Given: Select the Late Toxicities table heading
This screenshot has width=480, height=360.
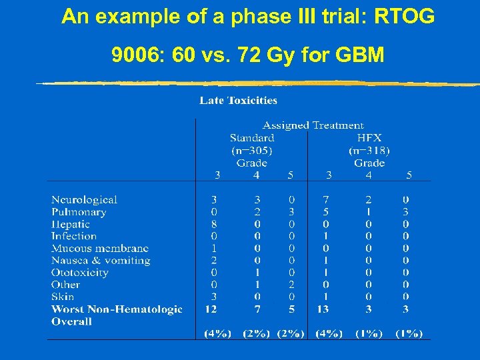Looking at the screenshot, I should click(x=238, y=101).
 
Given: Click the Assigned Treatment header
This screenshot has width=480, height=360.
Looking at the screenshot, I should click(x=313, y=125).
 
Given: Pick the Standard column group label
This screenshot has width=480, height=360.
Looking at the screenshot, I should click(x=251, y=138).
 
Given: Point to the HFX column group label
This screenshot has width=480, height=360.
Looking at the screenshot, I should click(x=369, y=138).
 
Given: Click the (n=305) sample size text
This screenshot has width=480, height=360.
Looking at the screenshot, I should click(x=251, y=151).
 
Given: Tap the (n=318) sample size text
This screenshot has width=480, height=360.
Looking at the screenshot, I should click(x=369, y=151).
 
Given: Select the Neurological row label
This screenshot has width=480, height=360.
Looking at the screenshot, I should click(x=84, y=199).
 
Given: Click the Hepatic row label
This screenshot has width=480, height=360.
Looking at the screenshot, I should click(x=70, y=224).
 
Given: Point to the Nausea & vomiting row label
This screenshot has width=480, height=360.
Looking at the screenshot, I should click(x=101, y=261).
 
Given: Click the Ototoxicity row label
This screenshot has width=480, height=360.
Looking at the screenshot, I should click(x=79, y=273).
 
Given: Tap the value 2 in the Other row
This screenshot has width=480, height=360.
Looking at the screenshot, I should click(x=291, y=285).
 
